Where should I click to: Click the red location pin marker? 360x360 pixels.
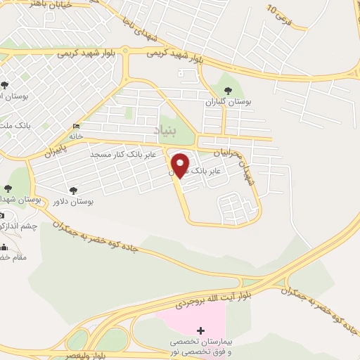pos(181,164)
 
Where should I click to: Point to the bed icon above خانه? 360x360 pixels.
pos(76,126)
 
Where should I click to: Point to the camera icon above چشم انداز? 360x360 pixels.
pos(1,216)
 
